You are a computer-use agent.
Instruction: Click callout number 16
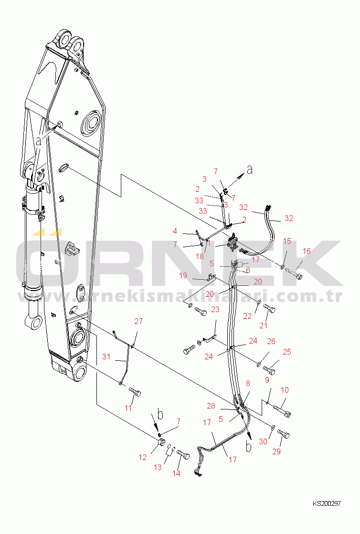tap(307, 251)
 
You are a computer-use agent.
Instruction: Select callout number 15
tap(287, 241)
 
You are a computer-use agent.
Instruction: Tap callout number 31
tap(106, 357)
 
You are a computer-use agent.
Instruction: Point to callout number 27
tap(138, 322)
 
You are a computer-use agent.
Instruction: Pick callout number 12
tap(143, 458)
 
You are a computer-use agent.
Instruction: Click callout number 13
tap(158, 468)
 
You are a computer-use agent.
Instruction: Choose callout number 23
tap(215, 309)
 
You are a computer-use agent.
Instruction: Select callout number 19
tap(183, 275)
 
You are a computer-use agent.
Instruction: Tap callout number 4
tap(175, 231)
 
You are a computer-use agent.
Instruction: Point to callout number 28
tap(211, 406)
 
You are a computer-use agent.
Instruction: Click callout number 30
tap(263, 442)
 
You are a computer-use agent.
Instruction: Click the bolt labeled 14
tap(183, 455)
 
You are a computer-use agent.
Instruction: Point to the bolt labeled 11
tap(135, 393)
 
